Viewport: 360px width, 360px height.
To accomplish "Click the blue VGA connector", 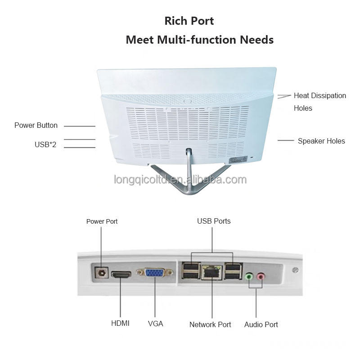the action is click(x=155, y=273).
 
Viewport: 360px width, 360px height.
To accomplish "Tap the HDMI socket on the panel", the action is click(x=121, y=274).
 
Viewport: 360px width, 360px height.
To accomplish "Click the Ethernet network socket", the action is click(x=212, y=272).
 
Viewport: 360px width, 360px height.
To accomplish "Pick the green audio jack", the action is click(x=249, y=276).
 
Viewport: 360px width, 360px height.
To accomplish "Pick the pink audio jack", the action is click(x=261, y=276).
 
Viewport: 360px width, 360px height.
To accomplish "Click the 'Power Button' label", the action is click(x=36, y=126).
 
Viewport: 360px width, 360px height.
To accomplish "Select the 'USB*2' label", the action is click(x=45, y=144).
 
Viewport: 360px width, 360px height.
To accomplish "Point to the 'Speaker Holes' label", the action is click(x=321, y=141).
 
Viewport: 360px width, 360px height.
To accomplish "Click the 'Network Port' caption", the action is click(x=210, y=324).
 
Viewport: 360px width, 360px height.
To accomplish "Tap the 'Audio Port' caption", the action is click(x=261, y=324).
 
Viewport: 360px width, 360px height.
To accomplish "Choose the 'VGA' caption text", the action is click(x=155, y=324).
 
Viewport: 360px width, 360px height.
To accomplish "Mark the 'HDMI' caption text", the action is click(x=120, y=323).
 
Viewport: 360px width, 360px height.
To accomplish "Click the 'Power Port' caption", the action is click(x=102, y=221).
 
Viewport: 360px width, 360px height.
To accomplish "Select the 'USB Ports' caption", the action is click(x=214, y=221).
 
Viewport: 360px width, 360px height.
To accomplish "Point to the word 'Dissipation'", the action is click(x=329, y=96).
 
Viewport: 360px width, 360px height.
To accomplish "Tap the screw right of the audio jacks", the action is click(x=295, y=270).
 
